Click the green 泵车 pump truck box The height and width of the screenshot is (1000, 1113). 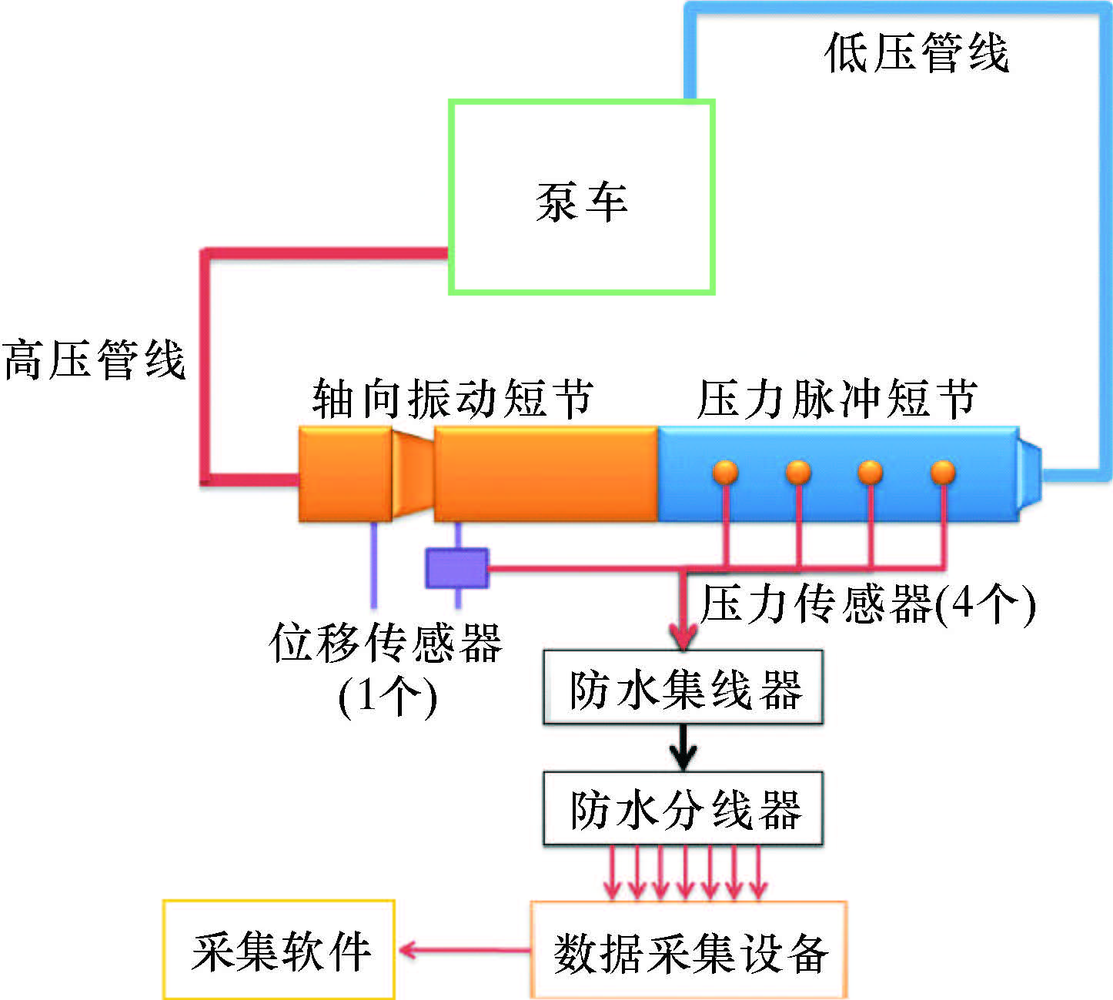coord(582,197)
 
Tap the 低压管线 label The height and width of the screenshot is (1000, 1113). coord(916,52)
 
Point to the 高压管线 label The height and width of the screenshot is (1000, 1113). coord(94,360)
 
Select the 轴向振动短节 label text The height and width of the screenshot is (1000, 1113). coord(453,399)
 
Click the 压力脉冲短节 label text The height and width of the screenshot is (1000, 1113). coord(837,399)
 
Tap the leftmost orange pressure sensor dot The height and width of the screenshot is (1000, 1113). coord(725,472)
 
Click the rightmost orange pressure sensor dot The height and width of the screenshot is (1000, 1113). coord(943,472)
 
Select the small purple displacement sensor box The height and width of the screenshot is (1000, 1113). coord(457,568)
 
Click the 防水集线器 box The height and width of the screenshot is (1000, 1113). coord(683,687)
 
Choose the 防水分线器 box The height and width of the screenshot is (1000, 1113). coord(683,809)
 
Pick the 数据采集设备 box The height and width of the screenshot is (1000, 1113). coord(689,951)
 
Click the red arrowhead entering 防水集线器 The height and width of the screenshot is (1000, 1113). coord(683,637)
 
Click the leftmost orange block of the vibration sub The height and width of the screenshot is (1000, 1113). coord(345,474)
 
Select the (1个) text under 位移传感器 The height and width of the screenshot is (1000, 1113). coord(387,697)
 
